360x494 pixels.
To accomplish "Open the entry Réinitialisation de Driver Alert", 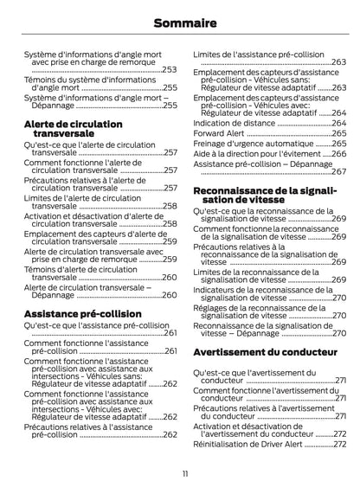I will pos(251,444).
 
